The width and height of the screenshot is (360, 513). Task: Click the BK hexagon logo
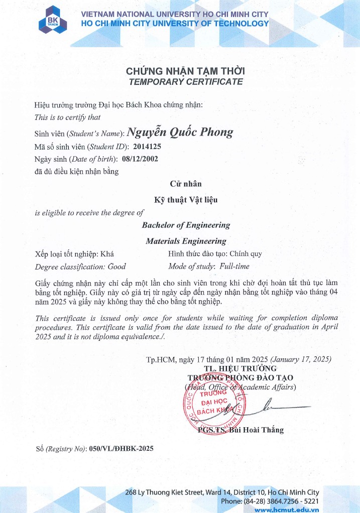tap(52, 19)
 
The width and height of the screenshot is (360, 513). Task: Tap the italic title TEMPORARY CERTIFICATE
tap(185, 81)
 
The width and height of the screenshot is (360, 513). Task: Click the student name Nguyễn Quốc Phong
tap(180, 132)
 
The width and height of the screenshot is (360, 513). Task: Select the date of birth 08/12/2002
tap(140, 159)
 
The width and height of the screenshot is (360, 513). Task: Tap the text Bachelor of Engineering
tap(186, 225)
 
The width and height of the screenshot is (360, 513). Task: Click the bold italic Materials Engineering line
tap(186, 241)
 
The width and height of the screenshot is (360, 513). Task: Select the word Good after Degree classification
tap(116, 267)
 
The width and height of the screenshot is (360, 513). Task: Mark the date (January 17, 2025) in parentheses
tap(301, 359)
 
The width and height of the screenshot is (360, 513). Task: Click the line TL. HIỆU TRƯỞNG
tap(241, 368)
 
